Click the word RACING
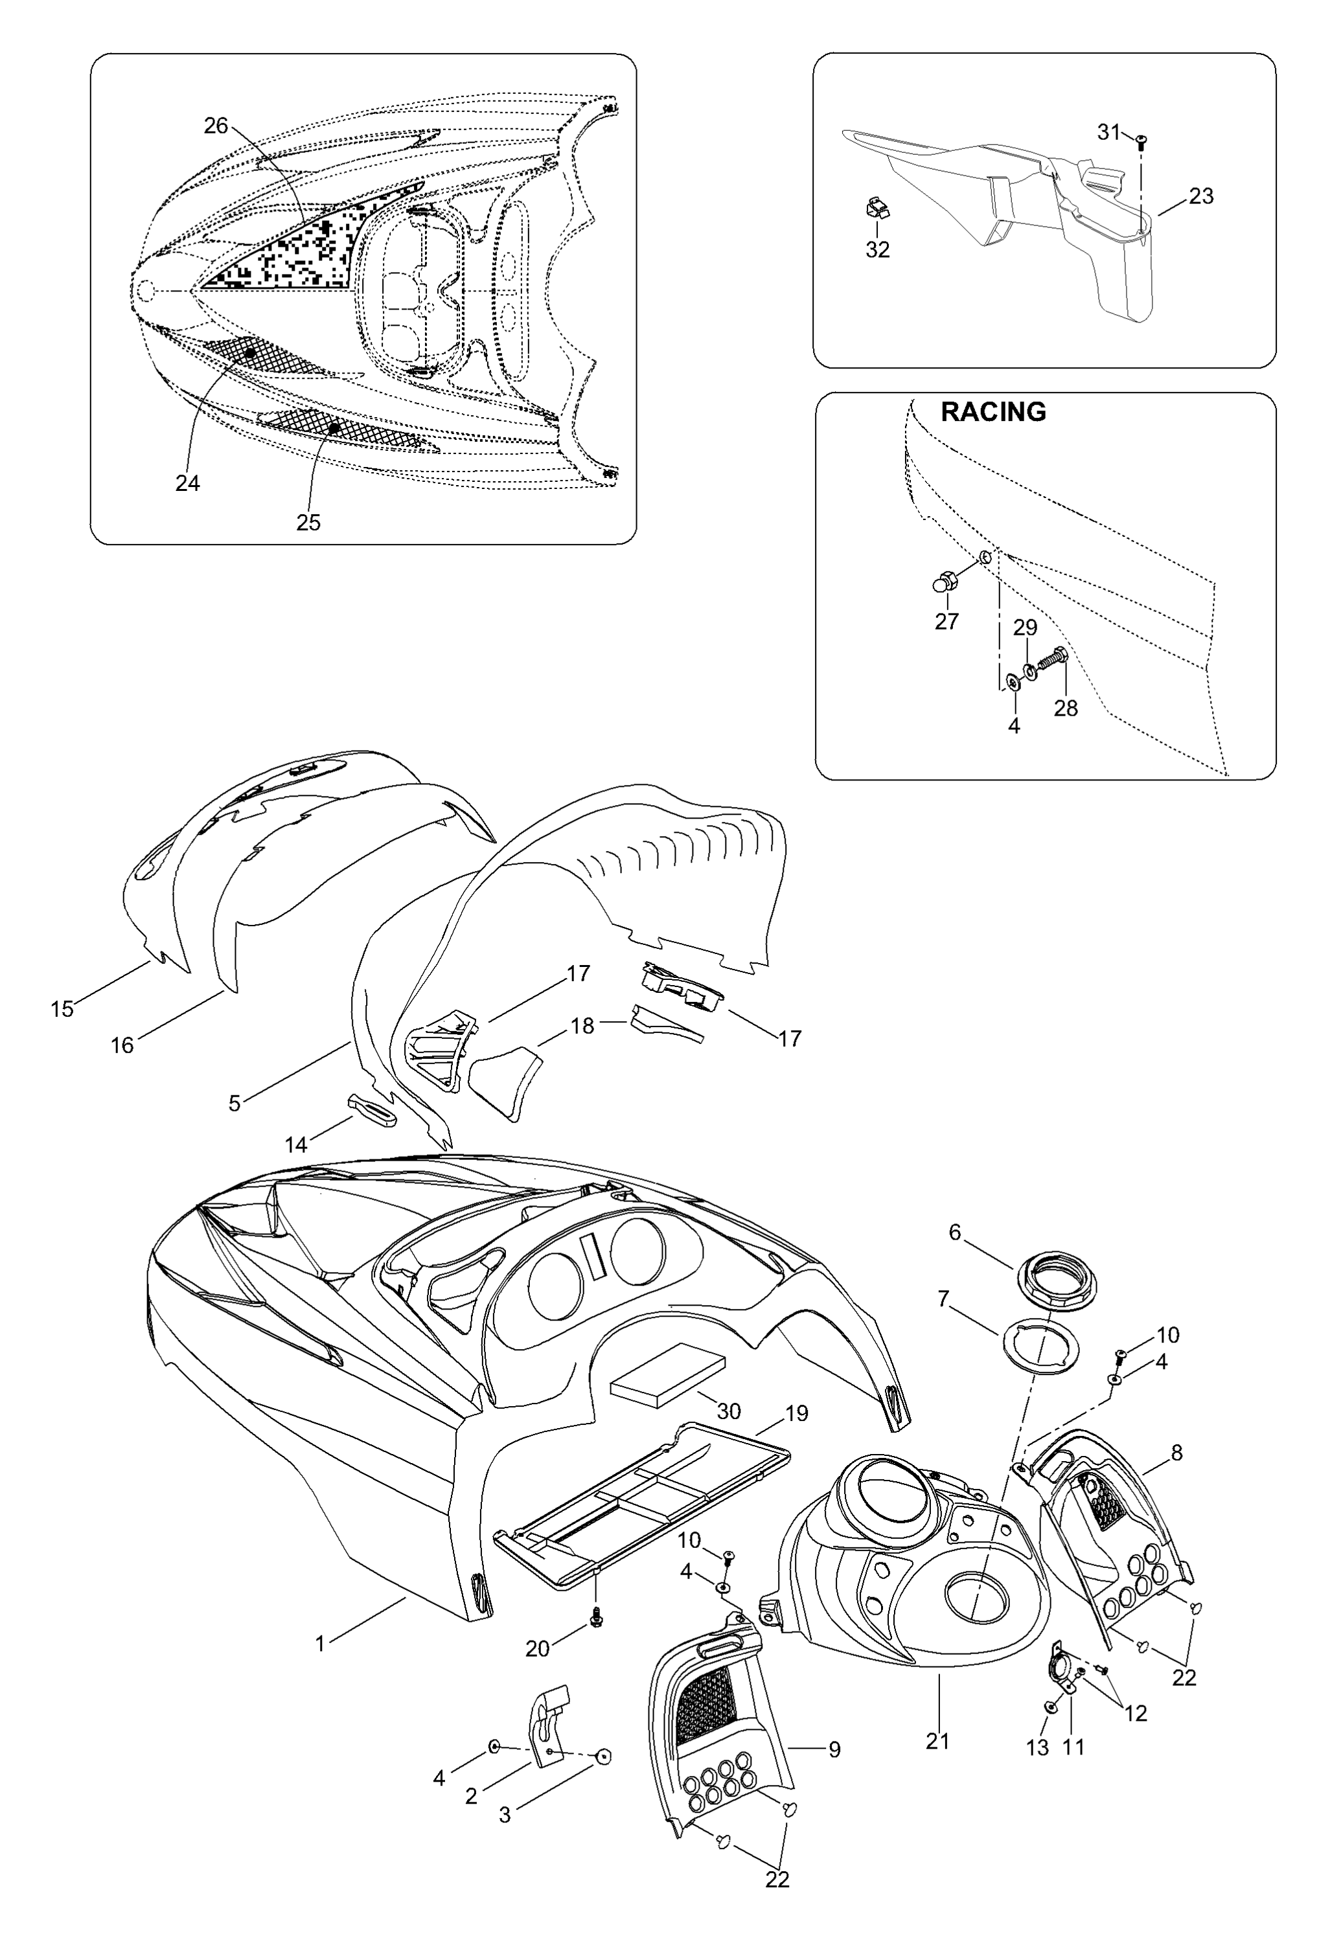[x=993, y=411]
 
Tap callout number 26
[x=216, y=126]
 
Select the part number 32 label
[x=877, y=249]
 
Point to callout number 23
[x=1200, y=196]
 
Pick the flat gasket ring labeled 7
[x=1040, y=1342]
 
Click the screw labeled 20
[x=597, y=1617]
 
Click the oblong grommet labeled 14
[x=371, y=1106]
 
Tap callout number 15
[x=62, y=1009]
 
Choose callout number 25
[x=308, y=522]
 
